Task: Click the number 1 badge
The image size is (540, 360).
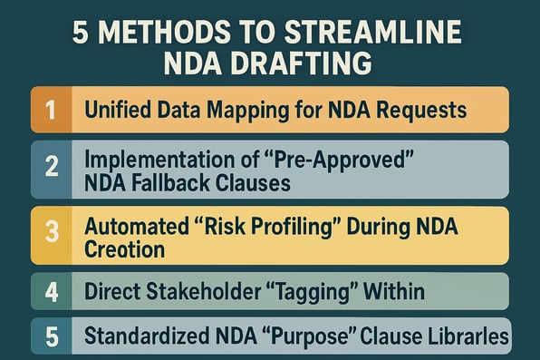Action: (x=51, y=110)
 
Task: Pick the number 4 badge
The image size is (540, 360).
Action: (x=51, y=292)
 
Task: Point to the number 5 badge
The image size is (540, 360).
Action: (x=51, y=336)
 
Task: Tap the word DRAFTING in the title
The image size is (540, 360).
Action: (x=316, y=65)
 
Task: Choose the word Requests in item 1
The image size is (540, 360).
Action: (x=426, y=112)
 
